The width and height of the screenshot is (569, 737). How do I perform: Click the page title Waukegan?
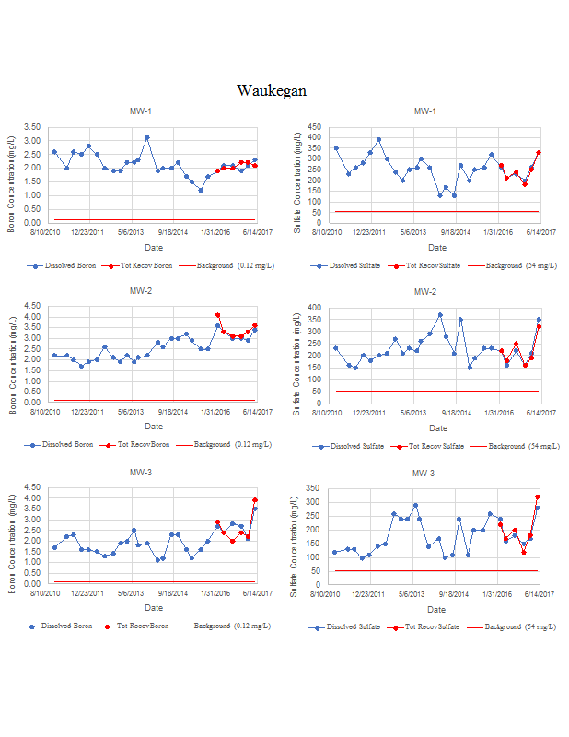point(271,90)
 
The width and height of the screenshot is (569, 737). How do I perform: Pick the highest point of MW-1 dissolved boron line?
point(147,137)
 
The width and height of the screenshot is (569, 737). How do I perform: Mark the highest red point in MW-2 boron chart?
point(217,315)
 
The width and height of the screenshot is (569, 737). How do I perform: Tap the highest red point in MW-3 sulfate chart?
point(538,497)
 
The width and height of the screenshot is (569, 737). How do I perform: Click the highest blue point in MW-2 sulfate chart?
point(440,314)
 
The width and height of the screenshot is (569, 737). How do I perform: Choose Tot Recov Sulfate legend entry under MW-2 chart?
point(434,446)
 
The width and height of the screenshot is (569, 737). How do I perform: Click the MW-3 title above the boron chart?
point(141,473)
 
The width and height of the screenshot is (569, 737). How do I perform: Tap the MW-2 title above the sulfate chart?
point(424,292)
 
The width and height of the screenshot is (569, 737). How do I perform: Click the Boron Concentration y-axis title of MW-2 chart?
point(13,356)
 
